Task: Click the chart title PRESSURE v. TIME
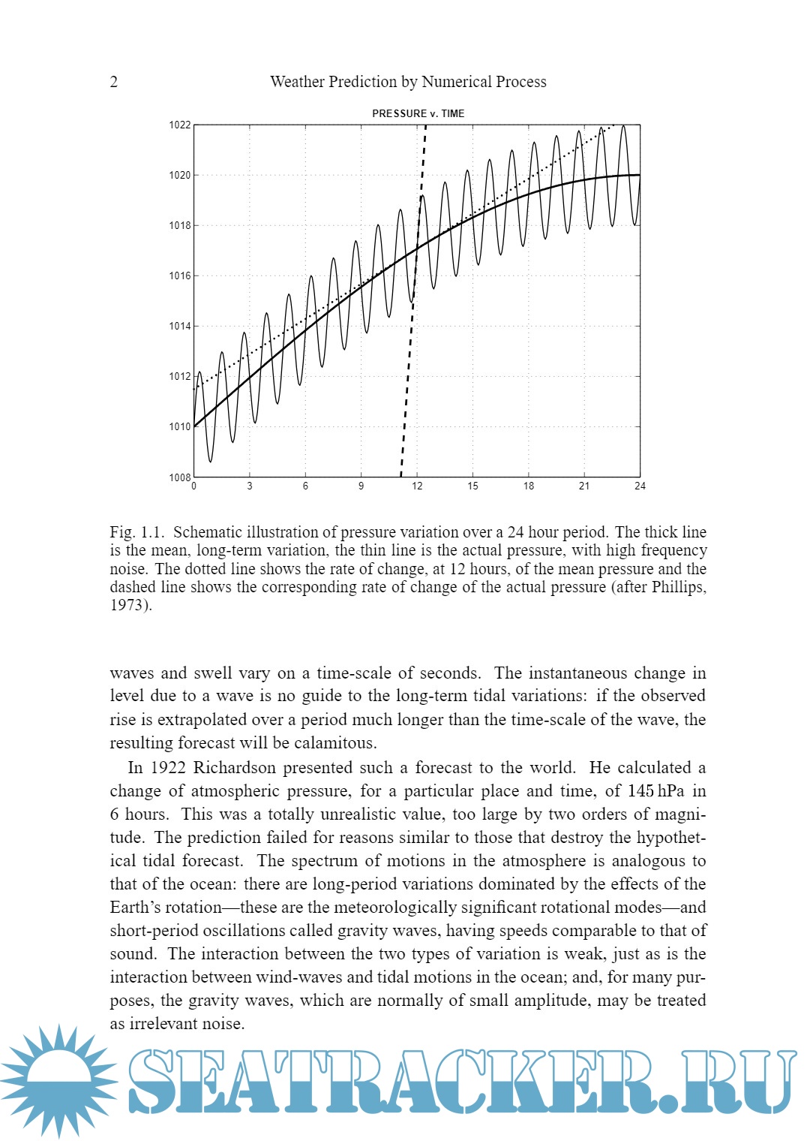pyautogui.click(x=418, y=113)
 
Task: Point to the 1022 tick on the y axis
pyautogui.click(x=179, y=125)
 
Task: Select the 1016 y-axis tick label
pyautogui.click(x=179, y=276)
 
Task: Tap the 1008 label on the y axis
pyautogui.click(x=179, y=477)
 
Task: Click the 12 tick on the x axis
pyautogui.click(x=417, y=486)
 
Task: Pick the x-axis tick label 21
pyautogui.click(x=584, y=486)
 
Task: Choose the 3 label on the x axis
pyautogui.click(x=250, y=486)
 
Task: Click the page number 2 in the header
pyautogui.click(x=114, y=82)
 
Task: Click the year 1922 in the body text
pyautogui.click(x=165, y=768)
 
